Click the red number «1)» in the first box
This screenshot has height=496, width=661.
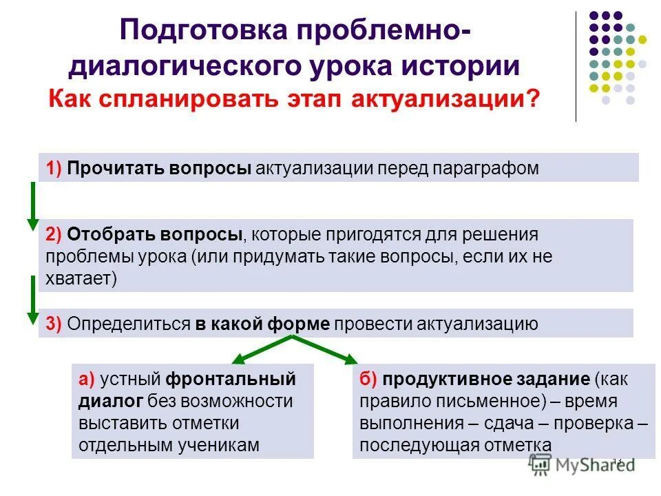(x=54, y=169)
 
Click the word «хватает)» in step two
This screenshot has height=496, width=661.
(x=81, y=279)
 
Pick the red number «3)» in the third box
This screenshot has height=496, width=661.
(x=54, y=324)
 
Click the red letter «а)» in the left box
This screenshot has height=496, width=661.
(x=87, y=380)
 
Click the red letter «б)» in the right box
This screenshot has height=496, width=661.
(x=368, y=380)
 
